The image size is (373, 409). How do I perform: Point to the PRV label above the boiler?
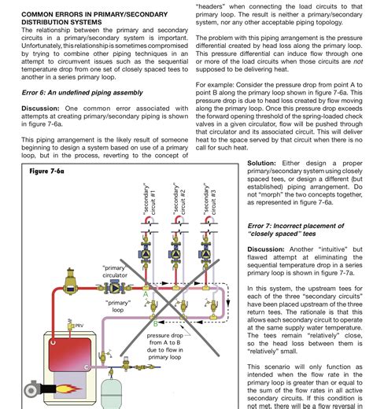(x=79, y=323)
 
